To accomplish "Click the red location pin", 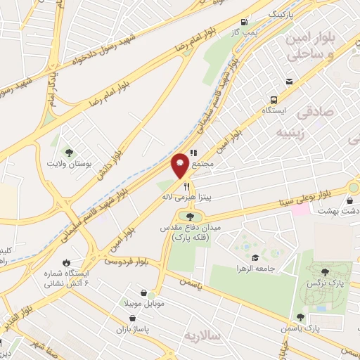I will pyautogui.click(x=180, y=165).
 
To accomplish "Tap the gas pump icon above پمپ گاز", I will pyautogui.click(x=244, y=22).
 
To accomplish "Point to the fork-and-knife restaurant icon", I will pyautogui.click(x=186, y=186).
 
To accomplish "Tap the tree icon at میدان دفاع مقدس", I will pyautogui.click(x=188, y=217).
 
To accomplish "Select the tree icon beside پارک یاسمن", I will pyautogui.click(x=300, y=317).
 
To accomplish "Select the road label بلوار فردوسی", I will pyautogui.click(x=127, y=261).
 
